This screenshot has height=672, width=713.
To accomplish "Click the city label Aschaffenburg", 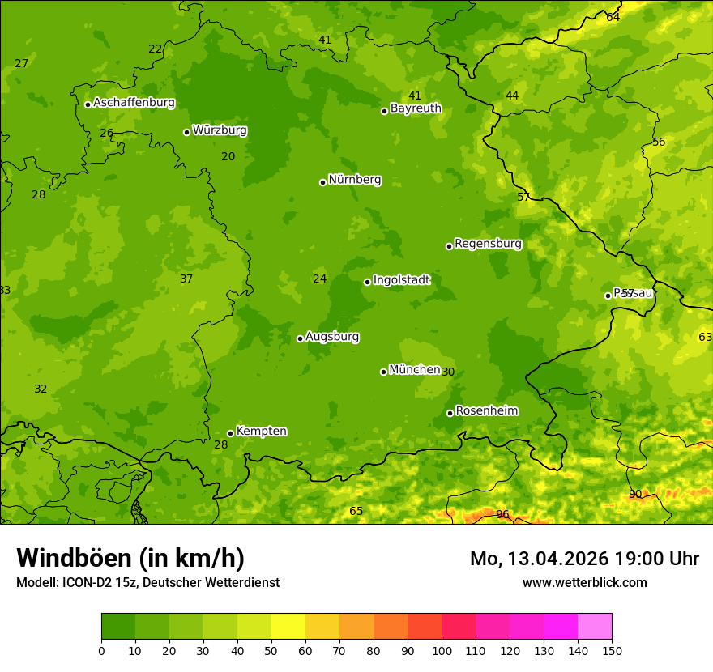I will coord(134,103).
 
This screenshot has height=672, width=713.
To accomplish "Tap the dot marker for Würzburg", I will coord(186,132).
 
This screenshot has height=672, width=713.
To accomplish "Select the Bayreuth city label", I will coord(416,108).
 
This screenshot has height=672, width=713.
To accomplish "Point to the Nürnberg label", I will coord(354,180).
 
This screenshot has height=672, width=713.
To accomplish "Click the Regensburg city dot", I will coord(449,246).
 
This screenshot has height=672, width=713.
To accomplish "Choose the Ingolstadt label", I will coord(401,280).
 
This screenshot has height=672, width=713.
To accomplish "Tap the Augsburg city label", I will coord(332,337).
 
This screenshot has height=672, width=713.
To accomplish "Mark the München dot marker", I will coord(384,372).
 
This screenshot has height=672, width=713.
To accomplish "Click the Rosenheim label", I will coord(486,411).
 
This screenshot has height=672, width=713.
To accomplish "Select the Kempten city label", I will coord(261,432).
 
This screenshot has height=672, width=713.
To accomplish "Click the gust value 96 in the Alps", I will coord(502,514).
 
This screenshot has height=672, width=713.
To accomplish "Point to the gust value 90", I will coord(635,495).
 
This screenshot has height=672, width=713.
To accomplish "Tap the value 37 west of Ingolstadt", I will coord(186,279).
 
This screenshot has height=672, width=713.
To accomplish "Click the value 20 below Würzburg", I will coord(228,156).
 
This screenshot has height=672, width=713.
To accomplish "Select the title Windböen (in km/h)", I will coord(130,558).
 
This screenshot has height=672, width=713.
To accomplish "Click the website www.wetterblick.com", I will coord(584,582).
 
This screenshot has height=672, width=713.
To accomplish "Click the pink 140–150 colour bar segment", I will coord(595,627).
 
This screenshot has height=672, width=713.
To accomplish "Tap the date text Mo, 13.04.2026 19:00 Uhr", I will coord(584,559).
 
